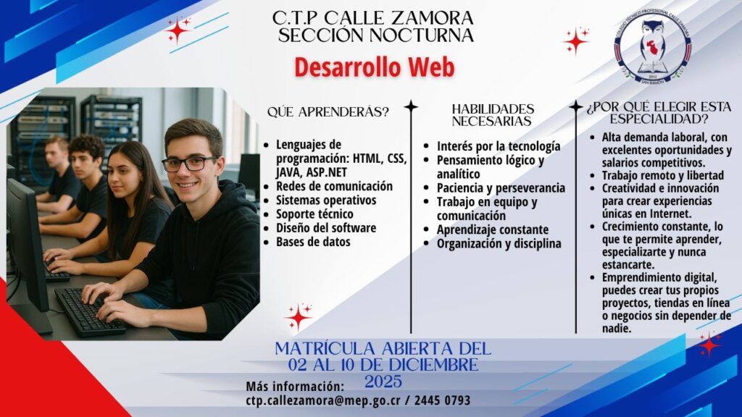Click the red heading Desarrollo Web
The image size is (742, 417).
(375, 67)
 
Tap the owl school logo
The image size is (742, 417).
(653, 48)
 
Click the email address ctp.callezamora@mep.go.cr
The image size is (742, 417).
(323, 400)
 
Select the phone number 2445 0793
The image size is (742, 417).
(443, 400)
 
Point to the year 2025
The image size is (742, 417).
(383, 382)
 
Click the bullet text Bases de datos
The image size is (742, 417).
(313, 242)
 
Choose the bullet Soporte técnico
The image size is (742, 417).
(314, 214)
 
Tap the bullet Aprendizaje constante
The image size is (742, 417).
(493, 229)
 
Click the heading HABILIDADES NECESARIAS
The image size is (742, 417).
(492, 115)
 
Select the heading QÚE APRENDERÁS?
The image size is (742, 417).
(328, 112)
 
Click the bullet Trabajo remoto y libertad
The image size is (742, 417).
(663, 175)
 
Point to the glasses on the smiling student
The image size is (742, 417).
(189, 164)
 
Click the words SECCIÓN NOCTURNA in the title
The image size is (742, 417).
(376, 35)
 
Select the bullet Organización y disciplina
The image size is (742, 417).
(499, 243)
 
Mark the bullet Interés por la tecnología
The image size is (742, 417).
(499, 146)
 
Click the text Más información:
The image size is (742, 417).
(295, 387)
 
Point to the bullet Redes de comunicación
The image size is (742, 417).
(334, 186)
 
